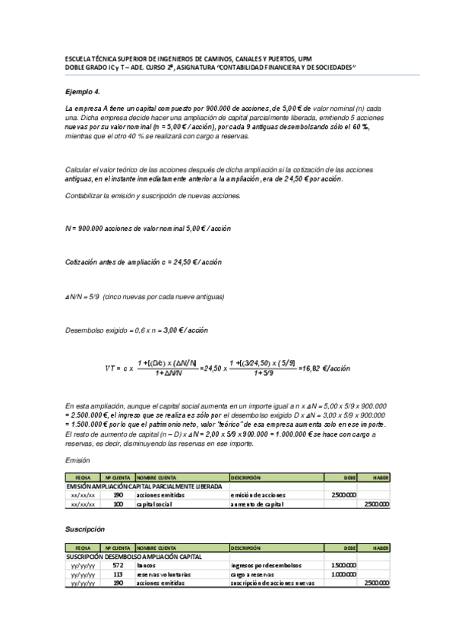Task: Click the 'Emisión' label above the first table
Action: [78, 459]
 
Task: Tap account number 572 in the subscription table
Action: [117, 566]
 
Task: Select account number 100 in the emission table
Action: [117, 504]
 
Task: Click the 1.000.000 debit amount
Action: [343, 574]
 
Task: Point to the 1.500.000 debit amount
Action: [343, 566]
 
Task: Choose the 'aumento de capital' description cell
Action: [258, 504]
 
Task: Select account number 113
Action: [117, 574]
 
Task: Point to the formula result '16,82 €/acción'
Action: [324, 368]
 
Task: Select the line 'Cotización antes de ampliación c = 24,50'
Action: [144, 262]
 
